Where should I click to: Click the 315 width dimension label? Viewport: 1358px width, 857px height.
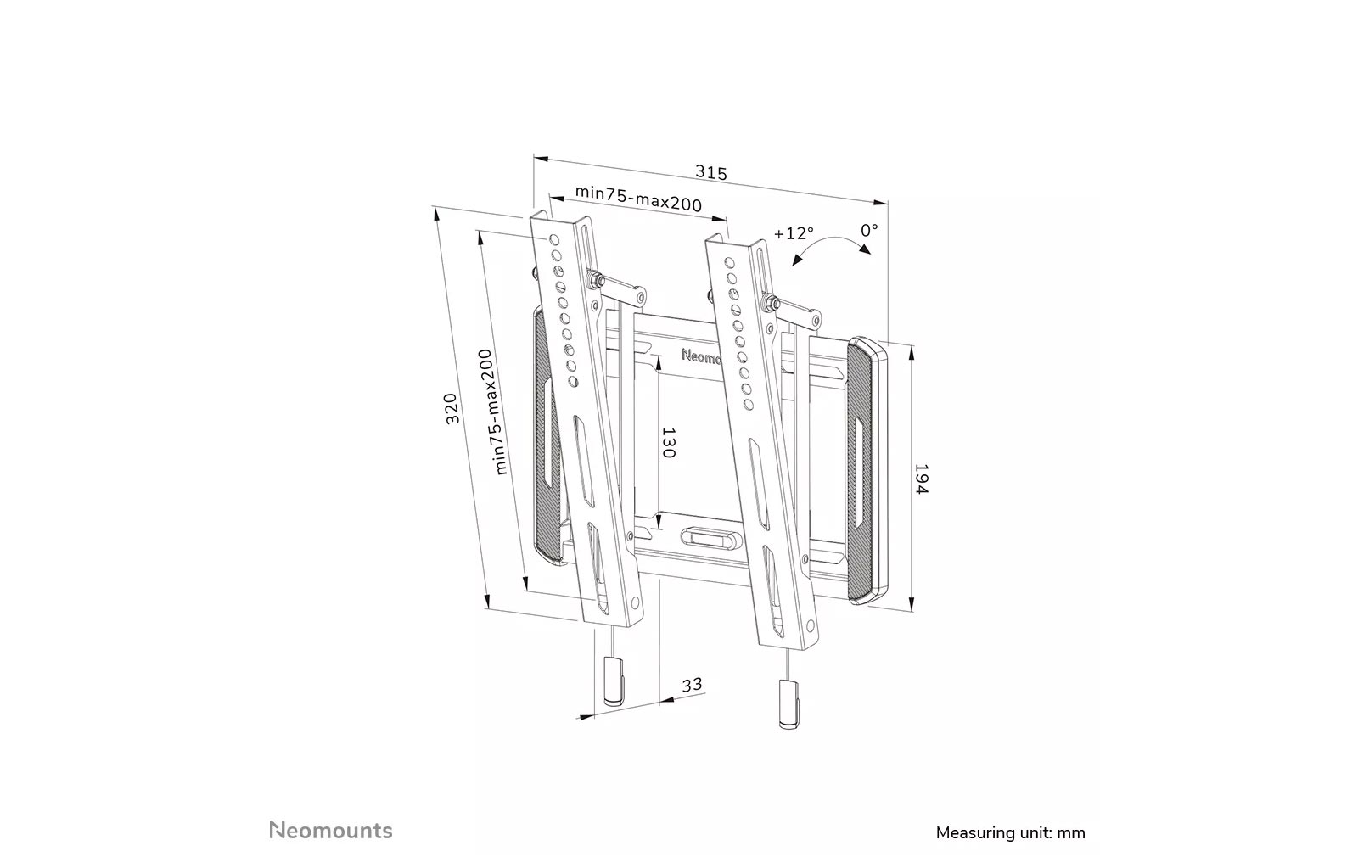[710, 172]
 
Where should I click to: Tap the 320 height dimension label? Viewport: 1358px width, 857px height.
[452, 409]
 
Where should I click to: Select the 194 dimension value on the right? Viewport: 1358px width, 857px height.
[921, 479]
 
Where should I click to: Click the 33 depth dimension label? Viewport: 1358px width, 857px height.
[692, 684]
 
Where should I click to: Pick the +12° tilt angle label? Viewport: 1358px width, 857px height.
[793, 233]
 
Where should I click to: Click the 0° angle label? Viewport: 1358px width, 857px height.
[869, 230]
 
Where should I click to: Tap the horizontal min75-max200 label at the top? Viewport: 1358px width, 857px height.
[638, 198]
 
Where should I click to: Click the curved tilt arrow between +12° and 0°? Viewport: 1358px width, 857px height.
[829, 246]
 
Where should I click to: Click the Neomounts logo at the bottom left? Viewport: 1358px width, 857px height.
[330, 829]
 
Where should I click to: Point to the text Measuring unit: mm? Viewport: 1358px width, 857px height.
[1010, 832]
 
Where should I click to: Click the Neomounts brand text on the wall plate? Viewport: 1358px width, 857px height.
[700, 357]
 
